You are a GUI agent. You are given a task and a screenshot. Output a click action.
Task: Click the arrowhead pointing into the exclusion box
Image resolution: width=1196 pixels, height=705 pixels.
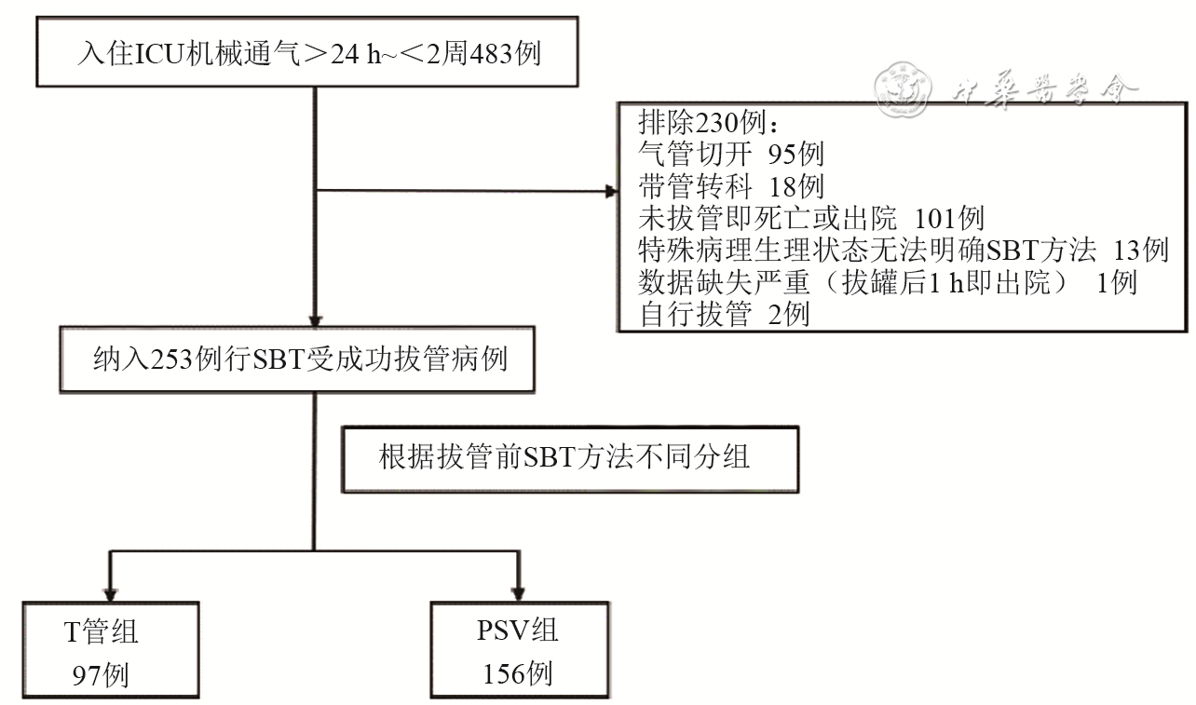[x=611, y=193]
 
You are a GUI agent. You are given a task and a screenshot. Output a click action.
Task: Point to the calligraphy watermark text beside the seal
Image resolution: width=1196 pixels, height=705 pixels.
[x=1043, y=88]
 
